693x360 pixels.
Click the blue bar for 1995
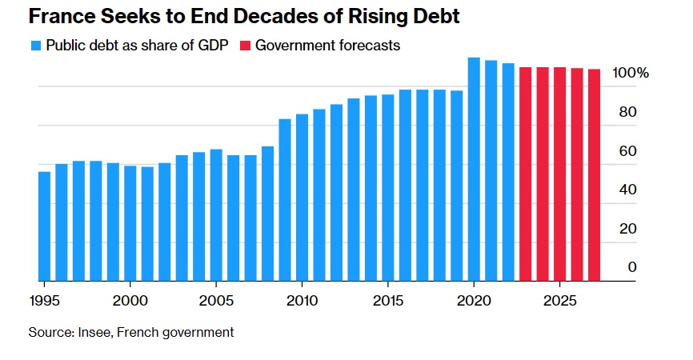pyautogui.click(x=44, y=226)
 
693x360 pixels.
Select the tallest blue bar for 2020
pyautogui.click(x=474, y=170)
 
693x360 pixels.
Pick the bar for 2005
pyautogui.click(x=216, y=215)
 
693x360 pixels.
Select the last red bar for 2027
pyautogui.click(x=595, y=175)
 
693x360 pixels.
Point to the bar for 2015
pyautogui.click(x=388, y=188)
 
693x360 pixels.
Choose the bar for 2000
pyautogui.click(x=130, y=224)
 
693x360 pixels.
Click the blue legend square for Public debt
pyautogui.click(x=35, y=46)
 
